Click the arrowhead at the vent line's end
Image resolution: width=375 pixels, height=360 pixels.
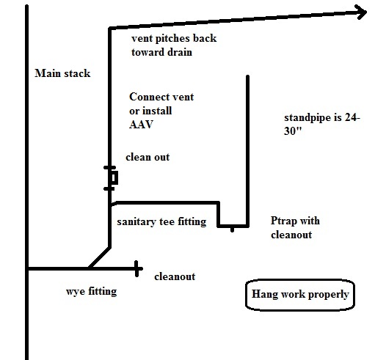click(362, 12)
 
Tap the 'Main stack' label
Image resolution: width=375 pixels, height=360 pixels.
click(62, 73)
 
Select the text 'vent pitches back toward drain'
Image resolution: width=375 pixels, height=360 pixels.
click(174, 45)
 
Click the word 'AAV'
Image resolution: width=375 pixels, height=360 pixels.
click(141, 125)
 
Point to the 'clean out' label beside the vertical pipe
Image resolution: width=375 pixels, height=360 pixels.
click(148, 157)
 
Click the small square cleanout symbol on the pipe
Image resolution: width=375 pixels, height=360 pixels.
click(114, 177)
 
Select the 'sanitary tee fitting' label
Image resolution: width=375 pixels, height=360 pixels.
click(161, 222)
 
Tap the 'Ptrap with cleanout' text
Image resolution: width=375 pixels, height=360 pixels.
click(295, 227)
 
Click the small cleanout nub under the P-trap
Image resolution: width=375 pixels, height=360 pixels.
click(232, 229)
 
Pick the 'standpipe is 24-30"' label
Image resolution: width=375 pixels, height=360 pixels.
click(322, 124)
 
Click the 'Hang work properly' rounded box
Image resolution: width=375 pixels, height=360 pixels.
click(300, 295)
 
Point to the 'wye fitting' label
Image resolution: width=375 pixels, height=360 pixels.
click(92, 291)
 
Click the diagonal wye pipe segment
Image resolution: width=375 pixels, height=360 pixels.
click(100, 258)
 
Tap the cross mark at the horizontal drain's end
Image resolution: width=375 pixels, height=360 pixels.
click(137, 269)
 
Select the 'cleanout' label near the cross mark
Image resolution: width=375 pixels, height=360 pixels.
click(175, 276)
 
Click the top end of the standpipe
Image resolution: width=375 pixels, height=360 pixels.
click(247, 76)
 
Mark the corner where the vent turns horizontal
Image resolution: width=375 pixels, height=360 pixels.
click(110, 29)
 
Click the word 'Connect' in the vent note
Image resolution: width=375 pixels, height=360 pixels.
click(145, 97)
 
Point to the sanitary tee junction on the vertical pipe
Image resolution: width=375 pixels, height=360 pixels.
click(110, 205)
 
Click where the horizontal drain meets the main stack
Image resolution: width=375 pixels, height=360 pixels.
click(27, 269)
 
